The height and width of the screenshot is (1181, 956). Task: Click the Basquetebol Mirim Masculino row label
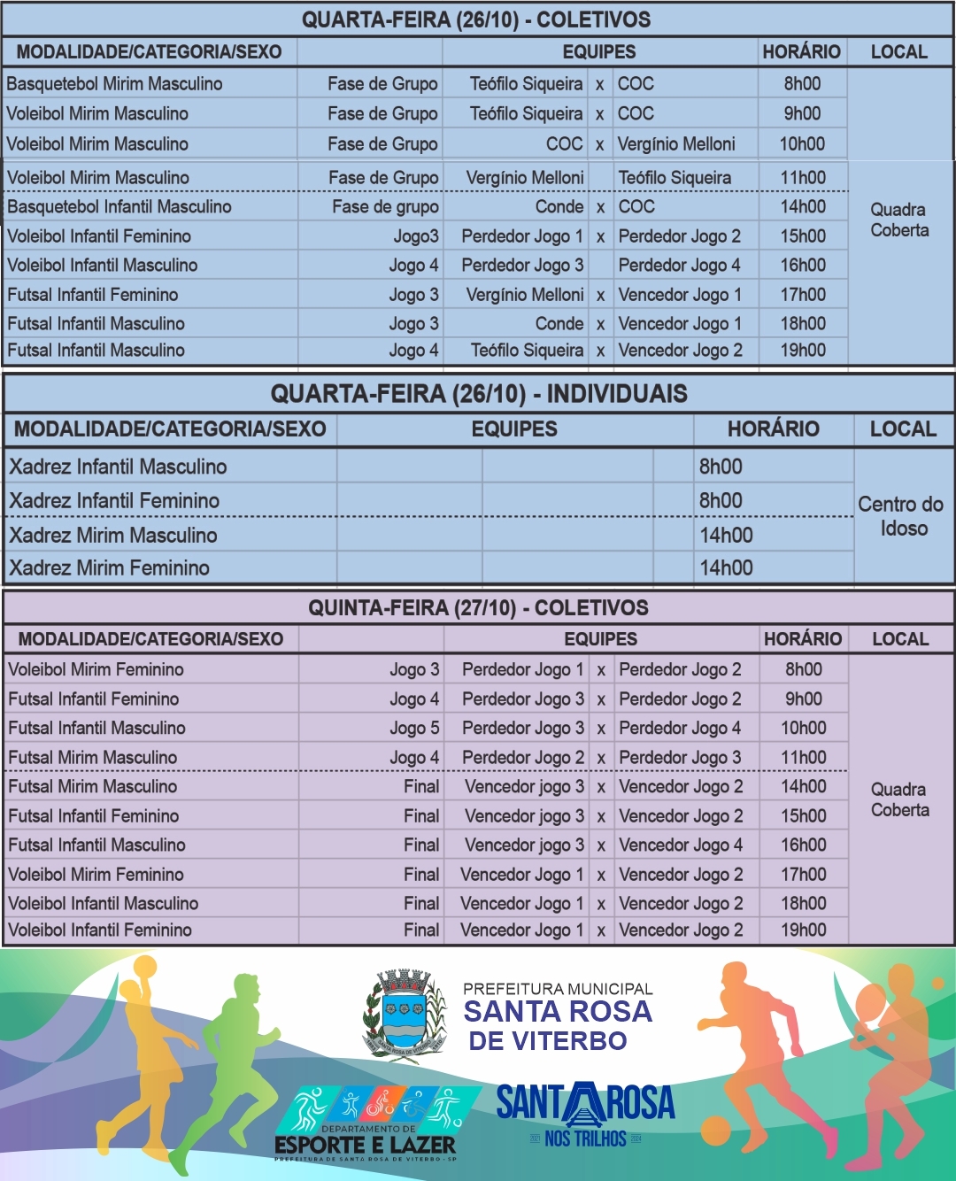(114, 84)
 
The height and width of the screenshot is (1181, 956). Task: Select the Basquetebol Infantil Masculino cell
(119, 207)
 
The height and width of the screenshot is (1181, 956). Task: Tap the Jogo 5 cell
(413, 729)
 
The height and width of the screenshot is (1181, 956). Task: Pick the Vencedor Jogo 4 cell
(680, 845)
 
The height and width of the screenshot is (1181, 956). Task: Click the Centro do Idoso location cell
(901, 516)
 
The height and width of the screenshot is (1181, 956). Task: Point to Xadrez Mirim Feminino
(109, 568)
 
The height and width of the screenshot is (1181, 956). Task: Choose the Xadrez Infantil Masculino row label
(118, 467)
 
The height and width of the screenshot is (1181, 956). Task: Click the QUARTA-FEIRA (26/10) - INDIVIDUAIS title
(479, 394)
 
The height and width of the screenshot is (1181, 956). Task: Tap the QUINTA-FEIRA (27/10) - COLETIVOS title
(478, 608)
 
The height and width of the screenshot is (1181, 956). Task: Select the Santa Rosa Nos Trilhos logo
(585, 1114)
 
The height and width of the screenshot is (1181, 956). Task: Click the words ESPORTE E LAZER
(365, 1145)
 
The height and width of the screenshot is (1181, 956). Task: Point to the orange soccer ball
(715, 1131)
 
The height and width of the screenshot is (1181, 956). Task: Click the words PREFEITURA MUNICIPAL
(558, 989)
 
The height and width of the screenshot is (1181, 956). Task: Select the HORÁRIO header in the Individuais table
(773, 429)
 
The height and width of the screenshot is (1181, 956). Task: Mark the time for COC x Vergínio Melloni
(802, 143)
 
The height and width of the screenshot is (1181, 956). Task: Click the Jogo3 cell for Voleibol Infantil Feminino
(415, 236)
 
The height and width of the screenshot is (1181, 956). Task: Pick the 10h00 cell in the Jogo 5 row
(803, 729)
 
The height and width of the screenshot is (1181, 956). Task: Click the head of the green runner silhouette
(244, 989)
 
